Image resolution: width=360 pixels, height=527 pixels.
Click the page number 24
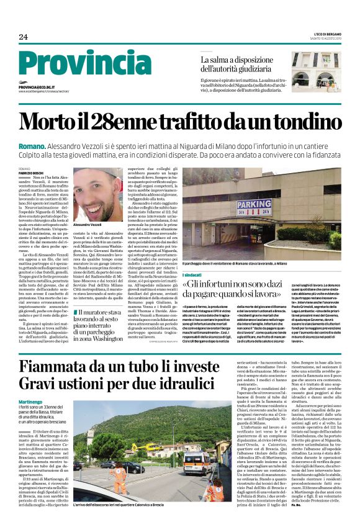click(x=24, y=37)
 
